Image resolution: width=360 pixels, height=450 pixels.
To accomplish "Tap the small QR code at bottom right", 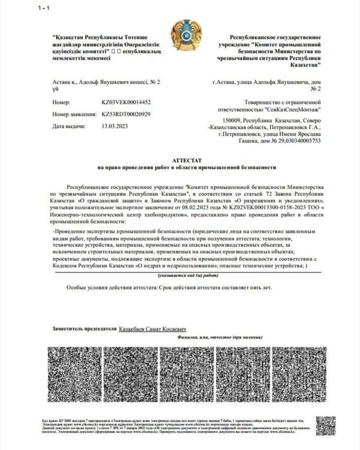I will point(327,425).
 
